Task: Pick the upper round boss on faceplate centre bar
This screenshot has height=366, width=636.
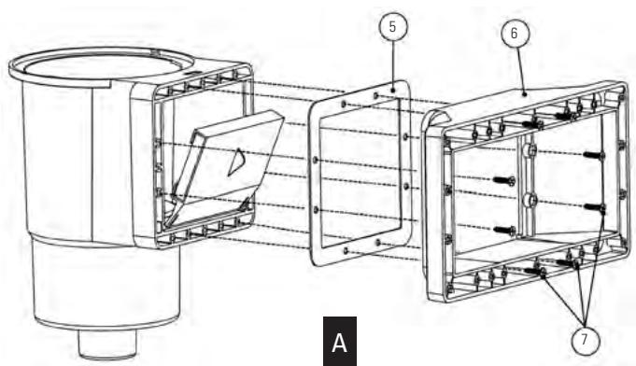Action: coord(530,150)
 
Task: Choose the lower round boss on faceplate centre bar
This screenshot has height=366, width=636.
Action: coord(530,199)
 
